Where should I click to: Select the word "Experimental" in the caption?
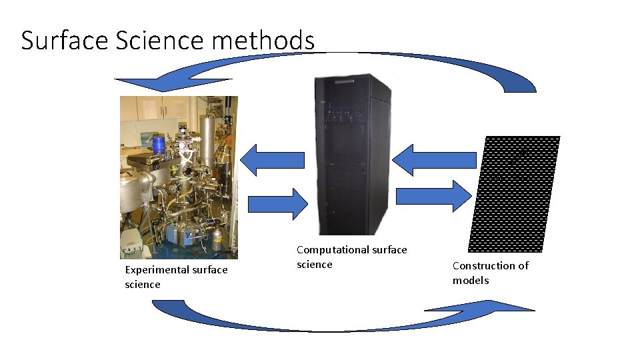(157, 270)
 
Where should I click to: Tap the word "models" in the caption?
(470, 281)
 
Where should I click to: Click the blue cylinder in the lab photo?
(159, 143)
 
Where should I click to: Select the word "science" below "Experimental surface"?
(142, 285)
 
